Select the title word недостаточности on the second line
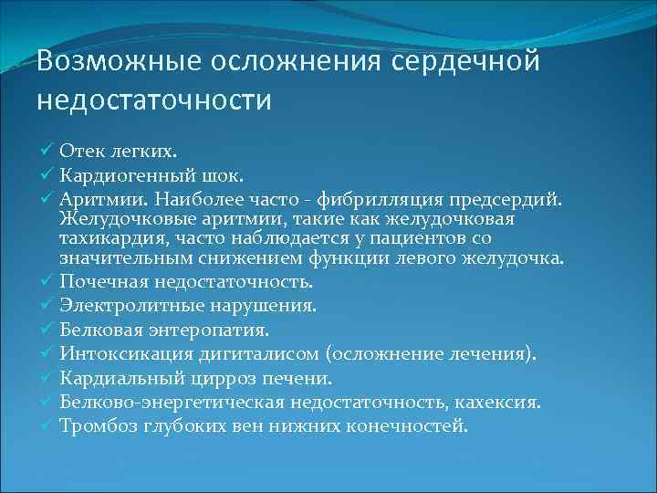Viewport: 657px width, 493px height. pos(154,99)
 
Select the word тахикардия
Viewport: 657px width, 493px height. pos(104,238)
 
